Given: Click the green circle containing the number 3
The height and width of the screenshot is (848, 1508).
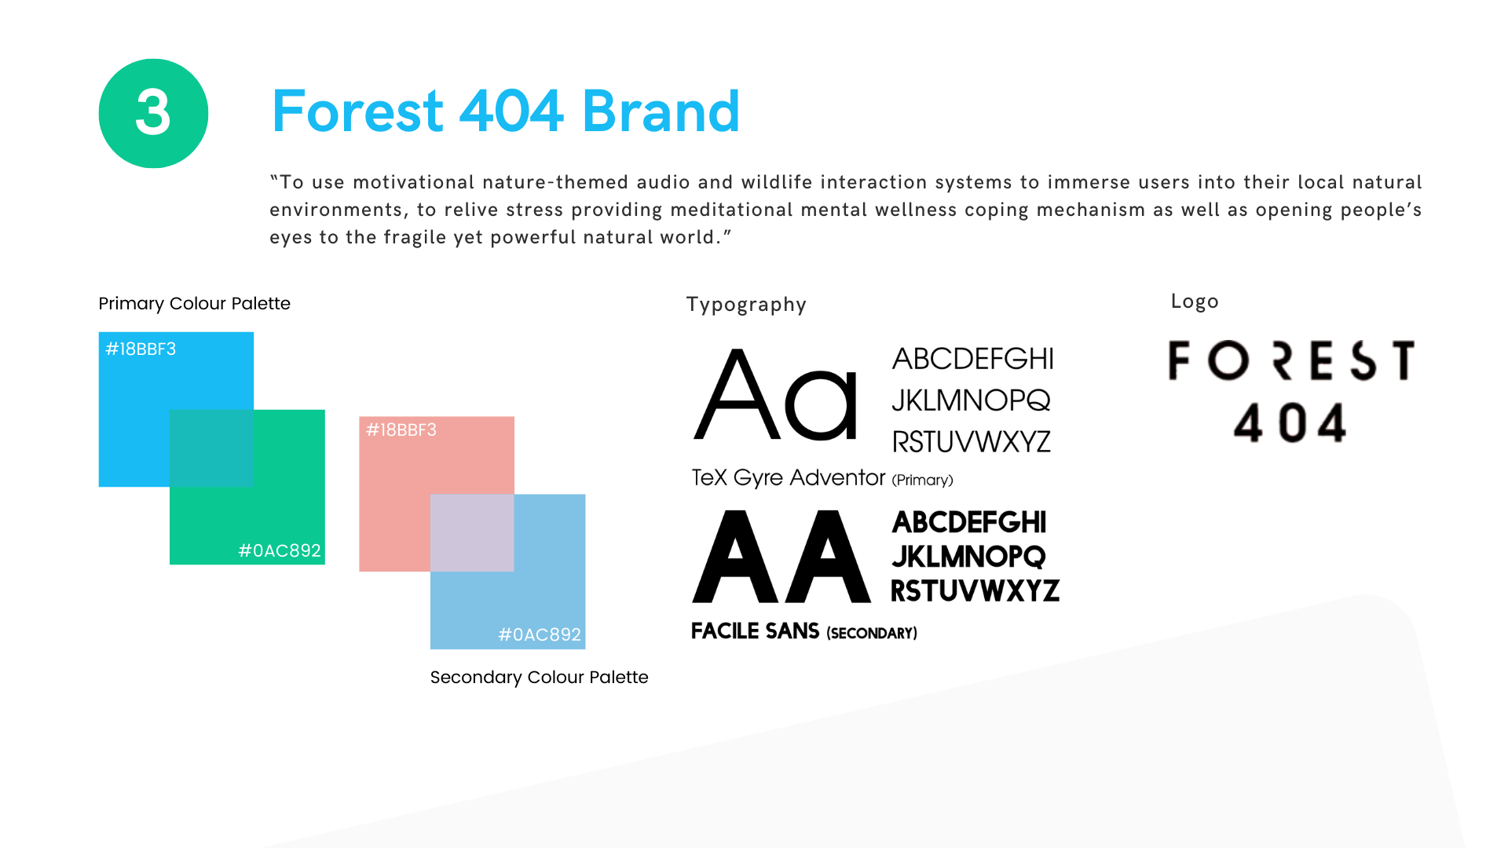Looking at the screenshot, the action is pos(153,113).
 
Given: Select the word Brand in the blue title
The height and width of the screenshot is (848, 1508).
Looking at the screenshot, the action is pos(661,111).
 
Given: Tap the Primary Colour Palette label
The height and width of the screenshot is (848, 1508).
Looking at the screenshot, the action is pos(194,304).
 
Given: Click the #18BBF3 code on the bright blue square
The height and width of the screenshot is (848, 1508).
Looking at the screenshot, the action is pos(141,349).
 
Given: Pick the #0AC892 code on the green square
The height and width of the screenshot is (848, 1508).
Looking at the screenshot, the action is pos(280,550).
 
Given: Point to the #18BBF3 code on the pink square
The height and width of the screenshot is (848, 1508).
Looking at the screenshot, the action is pos(401,429).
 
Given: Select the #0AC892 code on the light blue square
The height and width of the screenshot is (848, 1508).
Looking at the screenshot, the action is pos(540,634).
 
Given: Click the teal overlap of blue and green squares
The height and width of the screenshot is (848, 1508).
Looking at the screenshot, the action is pos(211,448).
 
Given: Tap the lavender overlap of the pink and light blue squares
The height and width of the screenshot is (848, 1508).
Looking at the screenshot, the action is pos(472,532).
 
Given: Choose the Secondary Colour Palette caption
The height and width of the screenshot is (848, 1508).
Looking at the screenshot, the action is pos(539,677).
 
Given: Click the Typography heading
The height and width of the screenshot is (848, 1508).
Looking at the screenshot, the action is pos(746,305).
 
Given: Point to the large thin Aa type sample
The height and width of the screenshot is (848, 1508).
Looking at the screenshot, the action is pos(775,394).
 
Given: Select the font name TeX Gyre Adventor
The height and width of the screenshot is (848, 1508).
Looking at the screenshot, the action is pos(788,477).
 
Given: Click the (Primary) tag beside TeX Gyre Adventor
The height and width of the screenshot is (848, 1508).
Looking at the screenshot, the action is pos(922,480).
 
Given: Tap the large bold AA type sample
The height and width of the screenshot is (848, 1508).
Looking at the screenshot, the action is pos(781,557).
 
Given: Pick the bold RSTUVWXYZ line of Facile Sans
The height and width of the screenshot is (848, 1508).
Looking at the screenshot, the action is pos(975,590).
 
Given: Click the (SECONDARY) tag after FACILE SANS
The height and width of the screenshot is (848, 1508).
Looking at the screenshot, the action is pos(872,633).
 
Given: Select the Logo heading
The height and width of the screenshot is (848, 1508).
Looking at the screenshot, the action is pos(1195,302).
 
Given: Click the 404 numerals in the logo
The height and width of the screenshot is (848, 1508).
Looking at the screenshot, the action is pos(1290,423).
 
